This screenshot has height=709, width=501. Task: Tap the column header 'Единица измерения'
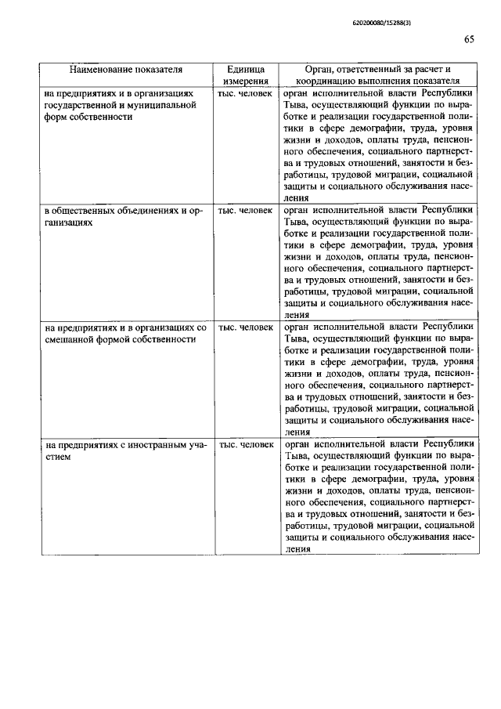coord(246,74)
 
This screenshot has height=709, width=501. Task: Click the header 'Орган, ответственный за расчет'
coord(378,69)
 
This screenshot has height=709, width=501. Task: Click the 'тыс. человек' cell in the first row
coord(246,93)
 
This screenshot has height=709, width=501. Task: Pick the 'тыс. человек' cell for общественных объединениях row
coord(246,211)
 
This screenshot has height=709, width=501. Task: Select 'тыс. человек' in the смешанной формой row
coord(246,327)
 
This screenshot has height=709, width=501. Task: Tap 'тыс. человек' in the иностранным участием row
coord(246,445)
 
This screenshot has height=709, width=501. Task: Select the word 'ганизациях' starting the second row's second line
coord(70,222)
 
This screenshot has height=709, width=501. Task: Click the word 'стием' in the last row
coord(57,457)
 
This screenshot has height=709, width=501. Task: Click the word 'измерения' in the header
coord(246,81)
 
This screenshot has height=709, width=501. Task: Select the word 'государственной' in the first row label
coord(81,105)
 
